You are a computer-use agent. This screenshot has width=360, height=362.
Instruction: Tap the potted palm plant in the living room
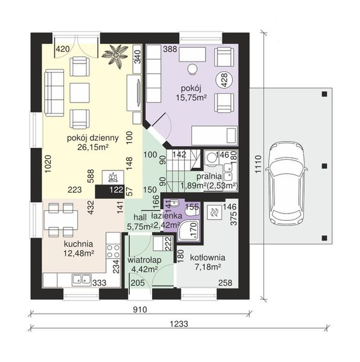115,56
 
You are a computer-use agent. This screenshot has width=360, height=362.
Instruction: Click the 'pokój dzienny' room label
93,138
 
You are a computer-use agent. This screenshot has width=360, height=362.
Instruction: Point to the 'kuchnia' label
79,244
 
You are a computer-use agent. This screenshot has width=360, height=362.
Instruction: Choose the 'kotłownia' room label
208,258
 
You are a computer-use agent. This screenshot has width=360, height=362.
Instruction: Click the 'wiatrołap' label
144,260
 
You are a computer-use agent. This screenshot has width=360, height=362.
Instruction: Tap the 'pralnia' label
209,176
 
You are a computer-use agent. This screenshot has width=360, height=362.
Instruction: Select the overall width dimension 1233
179,323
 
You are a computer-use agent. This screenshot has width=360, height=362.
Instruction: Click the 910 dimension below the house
140,310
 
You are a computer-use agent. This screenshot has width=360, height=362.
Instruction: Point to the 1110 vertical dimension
258,164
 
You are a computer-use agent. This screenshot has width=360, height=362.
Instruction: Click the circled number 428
224,80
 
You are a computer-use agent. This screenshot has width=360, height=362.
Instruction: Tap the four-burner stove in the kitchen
113,251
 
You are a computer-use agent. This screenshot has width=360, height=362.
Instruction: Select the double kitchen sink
82,279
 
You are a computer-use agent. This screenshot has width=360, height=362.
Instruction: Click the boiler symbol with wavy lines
214,211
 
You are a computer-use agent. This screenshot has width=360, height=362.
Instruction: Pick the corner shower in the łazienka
189,230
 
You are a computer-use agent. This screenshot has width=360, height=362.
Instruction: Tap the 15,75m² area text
191,98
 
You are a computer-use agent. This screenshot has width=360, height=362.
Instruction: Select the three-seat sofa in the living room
54,92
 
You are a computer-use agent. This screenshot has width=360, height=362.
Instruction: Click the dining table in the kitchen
61,220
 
